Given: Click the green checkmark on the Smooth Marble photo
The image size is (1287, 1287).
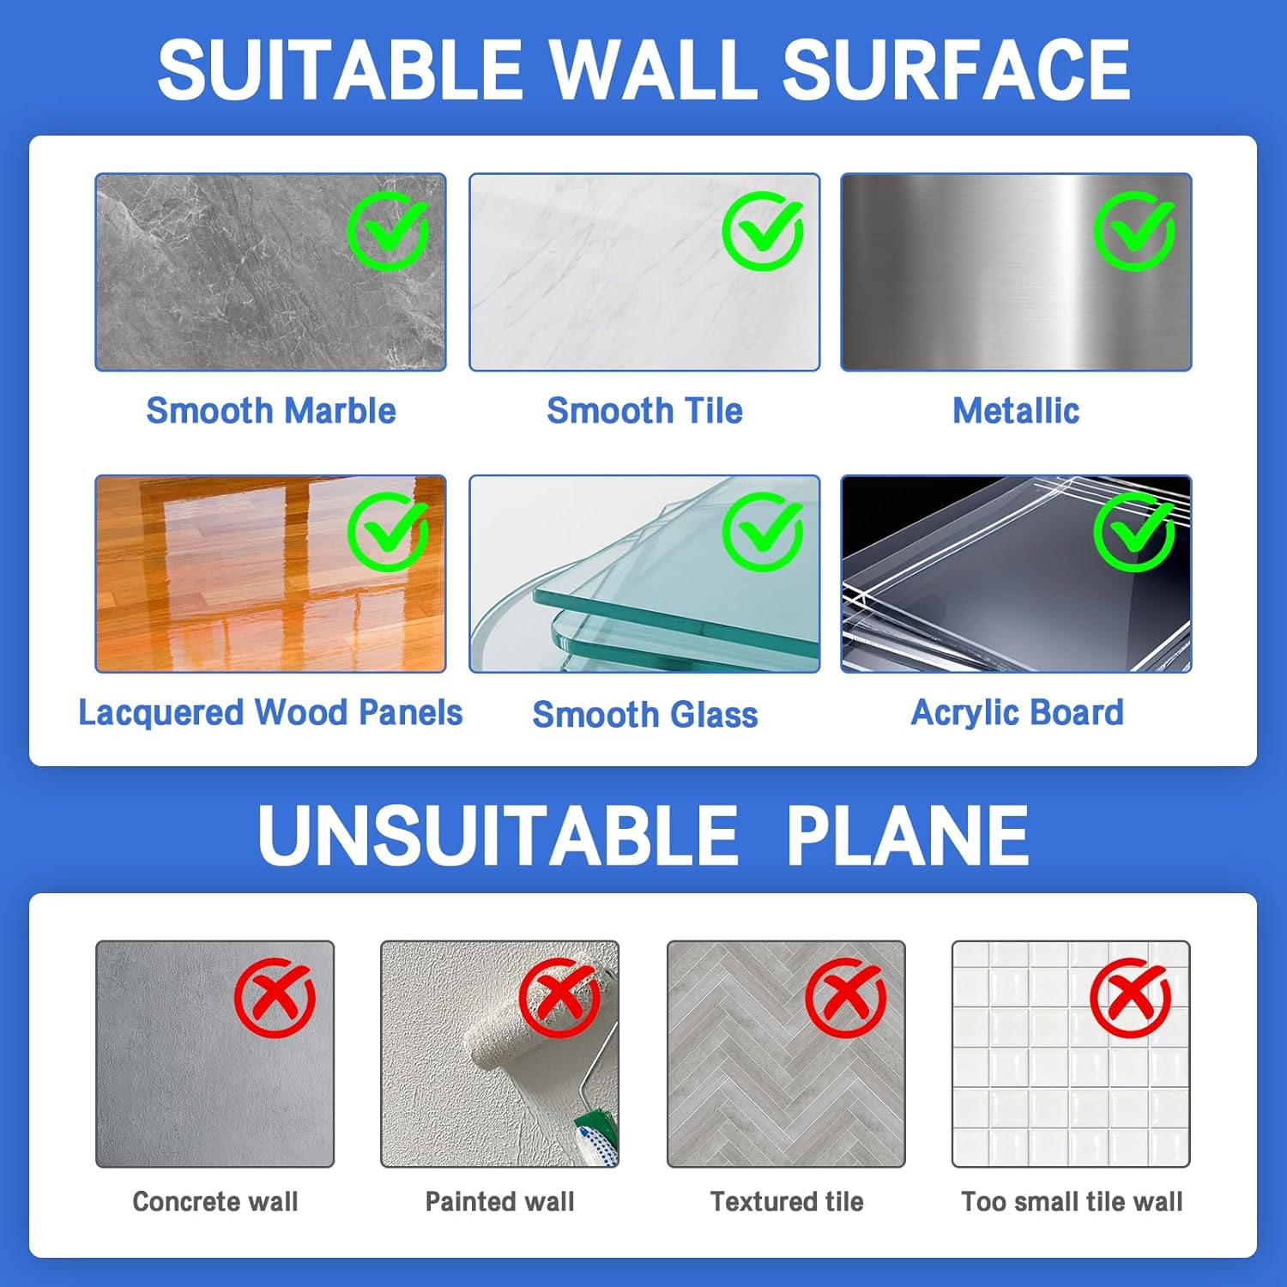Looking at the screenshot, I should point(388,231).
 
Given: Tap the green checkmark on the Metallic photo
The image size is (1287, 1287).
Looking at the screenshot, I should point(1134,231).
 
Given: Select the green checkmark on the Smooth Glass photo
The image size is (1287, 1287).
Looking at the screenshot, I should point(762,532).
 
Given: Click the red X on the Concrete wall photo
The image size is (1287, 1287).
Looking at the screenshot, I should point(275,998).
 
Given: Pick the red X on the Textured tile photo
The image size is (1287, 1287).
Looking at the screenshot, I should point(845,998).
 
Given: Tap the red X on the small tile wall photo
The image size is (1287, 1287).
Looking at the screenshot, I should point(1131,998).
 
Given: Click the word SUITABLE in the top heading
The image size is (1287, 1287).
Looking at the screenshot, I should point(340,70).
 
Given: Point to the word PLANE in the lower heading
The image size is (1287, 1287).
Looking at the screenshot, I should point(907,835).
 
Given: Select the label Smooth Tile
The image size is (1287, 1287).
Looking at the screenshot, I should point(644,411).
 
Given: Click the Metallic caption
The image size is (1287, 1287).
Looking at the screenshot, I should point(1016,411).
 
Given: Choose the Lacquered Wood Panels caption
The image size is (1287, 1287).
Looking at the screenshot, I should point(270,713).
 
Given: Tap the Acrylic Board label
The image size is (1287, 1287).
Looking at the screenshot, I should point(1017,713).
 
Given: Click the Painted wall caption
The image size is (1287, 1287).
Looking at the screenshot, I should point(499,1201).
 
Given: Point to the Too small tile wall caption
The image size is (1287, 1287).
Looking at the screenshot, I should point(1072,1201).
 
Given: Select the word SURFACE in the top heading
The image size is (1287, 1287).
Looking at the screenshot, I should point(956,70).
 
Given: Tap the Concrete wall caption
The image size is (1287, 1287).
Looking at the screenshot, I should point(215,1201).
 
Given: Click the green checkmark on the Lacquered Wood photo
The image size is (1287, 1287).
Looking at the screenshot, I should point(388,532).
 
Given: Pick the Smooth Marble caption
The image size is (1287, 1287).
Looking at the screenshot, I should point(270,411).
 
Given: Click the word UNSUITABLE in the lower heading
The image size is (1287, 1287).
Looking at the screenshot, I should point(498,835).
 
